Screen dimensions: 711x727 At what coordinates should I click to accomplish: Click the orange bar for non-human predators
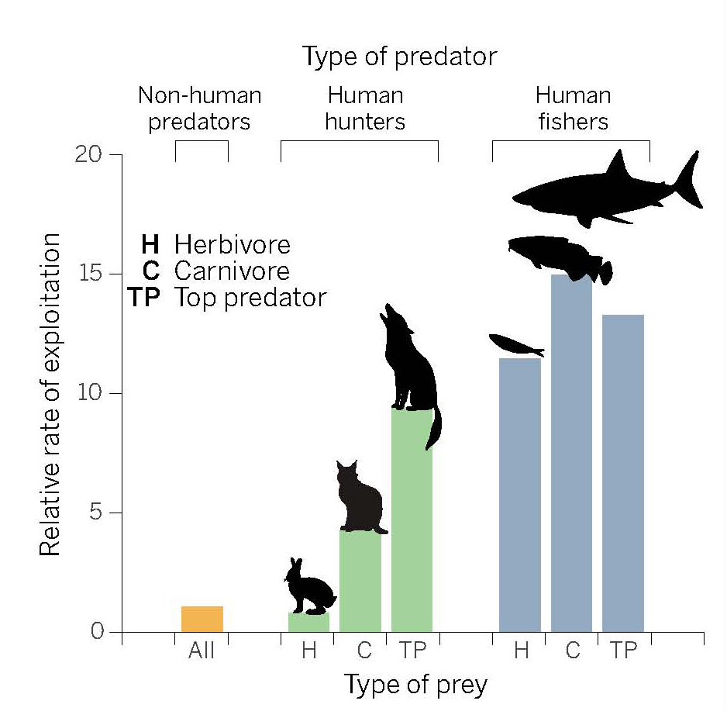pos(202,619)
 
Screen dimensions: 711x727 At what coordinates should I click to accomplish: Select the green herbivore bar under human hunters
pos(308,622)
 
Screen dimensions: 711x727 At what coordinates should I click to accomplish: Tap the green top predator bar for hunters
pos(412,519)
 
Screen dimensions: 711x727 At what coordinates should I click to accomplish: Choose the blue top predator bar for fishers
pos(622,473)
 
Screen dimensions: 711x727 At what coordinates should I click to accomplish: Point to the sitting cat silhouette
pos(359,500)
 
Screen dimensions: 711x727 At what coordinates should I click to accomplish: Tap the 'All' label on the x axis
pos(202,651)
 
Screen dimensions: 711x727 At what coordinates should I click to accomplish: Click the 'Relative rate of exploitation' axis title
pos(50,393)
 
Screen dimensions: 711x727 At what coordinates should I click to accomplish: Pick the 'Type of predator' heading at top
pos(399,57)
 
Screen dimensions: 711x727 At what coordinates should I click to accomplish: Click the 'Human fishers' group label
pos(573,109)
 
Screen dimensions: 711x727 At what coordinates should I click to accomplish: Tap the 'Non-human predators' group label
pos(199,109)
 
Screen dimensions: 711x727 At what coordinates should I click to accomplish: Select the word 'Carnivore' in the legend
pos(232,271)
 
